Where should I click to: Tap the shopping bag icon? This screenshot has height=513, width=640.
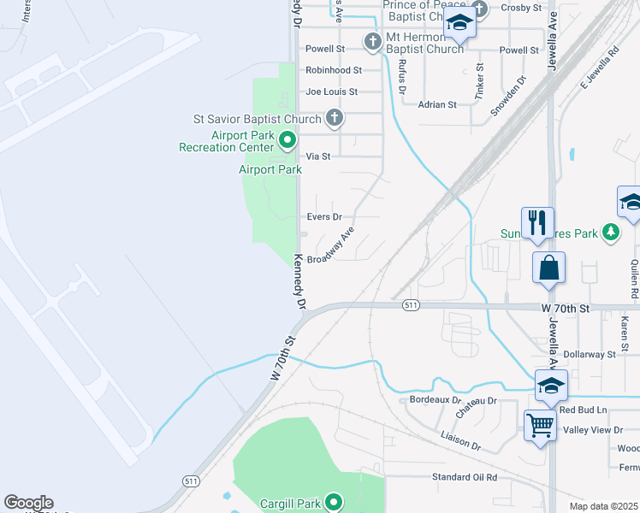(x=548, y=267)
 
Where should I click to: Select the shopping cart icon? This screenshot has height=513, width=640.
(x=540, y=423)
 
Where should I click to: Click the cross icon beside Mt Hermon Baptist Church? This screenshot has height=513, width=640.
(x=372, y=41)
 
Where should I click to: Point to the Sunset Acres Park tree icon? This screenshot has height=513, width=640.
(x=610, y=232)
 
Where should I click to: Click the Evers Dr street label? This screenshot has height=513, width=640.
(x=324, y=217)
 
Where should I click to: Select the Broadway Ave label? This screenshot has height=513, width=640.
(x=330, y=247)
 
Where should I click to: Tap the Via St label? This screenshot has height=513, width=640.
(x=318, y=156)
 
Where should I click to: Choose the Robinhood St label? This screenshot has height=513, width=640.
(x=334, y=70)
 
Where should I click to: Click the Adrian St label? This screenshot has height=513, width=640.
(x=438, y=104)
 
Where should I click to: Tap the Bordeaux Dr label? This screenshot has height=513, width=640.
(x=436, y=400)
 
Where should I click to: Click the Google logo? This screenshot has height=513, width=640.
(x=28, y=503)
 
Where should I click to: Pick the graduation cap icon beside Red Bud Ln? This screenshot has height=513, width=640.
(x=551, y=386)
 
